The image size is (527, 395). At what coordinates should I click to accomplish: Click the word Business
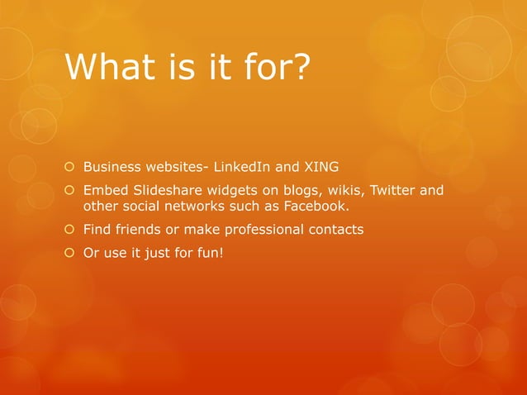tap(112, 169)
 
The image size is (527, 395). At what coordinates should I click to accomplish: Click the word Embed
tap(102, 192)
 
